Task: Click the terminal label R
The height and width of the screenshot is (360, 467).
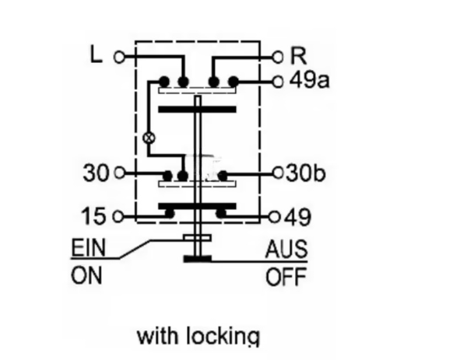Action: tap(297, 57)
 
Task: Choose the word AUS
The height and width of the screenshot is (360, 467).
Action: tap(286, 250)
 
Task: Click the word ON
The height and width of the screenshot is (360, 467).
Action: tap(86, 276)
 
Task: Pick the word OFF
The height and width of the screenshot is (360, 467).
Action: tap(286, 277)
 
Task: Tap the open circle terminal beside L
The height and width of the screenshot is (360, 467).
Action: tap(119, 57)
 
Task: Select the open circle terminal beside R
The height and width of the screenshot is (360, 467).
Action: tap(279, 57)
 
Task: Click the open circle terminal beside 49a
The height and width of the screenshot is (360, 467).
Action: tap(279, 80)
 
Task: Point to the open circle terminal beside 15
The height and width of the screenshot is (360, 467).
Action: tap(119, 215)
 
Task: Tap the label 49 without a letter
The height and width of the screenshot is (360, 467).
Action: tap(297, 215)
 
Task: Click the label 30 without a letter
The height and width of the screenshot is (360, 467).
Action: tap(96, 173)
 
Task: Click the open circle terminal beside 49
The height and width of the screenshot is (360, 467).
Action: tap(275, 215)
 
